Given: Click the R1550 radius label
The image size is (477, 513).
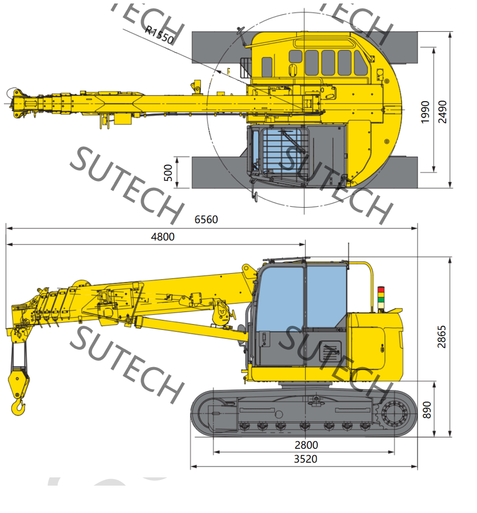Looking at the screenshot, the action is click(159, 35).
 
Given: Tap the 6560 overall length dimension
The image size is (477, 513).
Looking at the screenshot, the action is click(206, 219).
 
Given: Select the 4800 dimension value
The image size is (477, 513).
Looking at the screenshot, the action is click(162, 237).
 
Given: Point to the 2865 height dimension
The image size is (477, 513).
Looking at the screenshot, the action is click(441, 337).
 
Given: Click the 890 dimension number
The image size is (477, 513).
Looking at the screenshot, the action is click(427, 410).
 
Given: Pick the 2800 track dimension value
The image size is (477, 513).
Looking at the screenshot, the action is click(306, 445).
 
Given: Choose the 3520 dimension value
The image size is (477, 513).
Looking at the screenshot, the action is click(305, 459).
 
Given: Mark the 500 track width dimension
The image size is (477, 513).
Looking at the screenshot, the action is click(168, 173).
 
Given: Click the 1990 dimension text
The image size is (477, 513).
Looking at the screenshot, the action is click(425, 112).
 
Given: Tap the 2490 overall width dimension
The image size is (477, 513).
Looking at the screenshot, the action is click(442, 112).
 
